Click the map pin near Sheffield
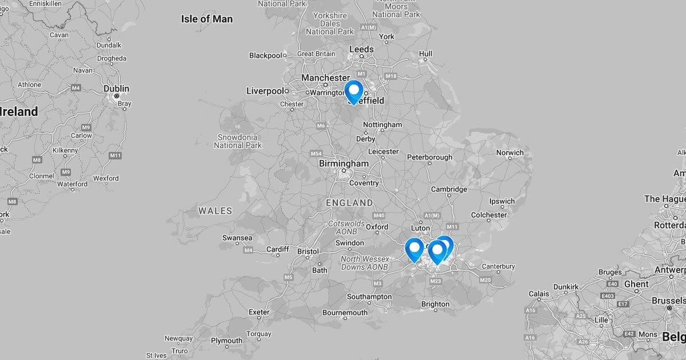(x=354, y=91)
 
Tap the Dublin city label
(x=117, y=89)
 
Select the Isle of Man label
(x=207, y=19)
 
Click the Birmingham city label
(x=344, y=163)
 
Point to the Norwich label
(x=510, y=153)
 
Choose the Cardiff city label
(x=278, y=249)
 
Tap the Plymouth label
(x=226, y=341)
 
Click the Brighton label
(x=435, y=304)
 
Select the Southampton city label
(x=369, y=297)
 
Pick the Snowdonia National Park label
(x=238, y=141)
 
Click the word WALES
(x=216, y=211)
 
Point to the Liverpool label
(x=265, y=91)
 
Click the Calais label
(x=539, y=294)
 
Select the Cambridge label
(x=449, y=189)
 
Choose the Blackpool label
(x=266, y=55)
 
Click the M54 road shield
(x=316, y=154)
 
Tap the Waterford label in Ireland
(x=73, y=184)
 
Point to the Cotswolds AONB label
(x=346, y=227)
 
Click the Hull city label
(x=425, y=54)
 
